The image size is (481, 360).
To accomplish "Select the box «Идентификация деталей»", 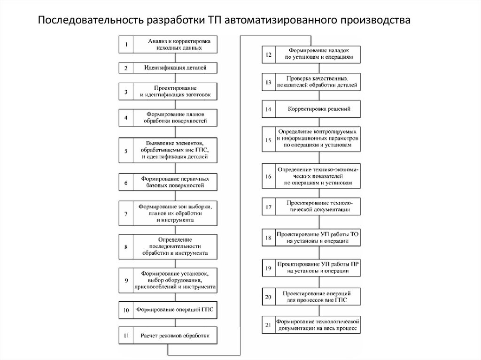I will (x=175, y=68).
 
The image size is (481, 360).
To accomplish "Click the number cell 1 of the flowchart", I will (x=126, y=45).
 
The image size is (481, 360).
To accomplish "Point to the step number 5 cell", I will (x=126, y=151).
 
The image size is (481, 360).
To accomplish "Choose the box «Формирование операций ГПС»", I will (x=175, y=310).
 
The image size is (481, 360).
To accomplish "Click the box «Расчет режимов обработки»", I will (x=175, y=336).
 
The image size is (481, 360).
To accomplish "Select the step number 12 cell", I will (x=268, y=54).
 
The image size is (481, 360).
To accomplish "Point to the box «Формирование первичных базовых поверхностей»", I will (x=175, y=182).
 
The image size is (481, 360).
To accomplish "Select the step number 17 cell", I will (x=268, y=207).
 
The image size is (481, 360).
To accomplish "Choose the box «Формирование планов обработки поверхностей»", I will (x=175, y=117).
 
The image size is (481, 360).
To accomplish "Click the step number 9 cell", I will (x=126, y=280).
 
